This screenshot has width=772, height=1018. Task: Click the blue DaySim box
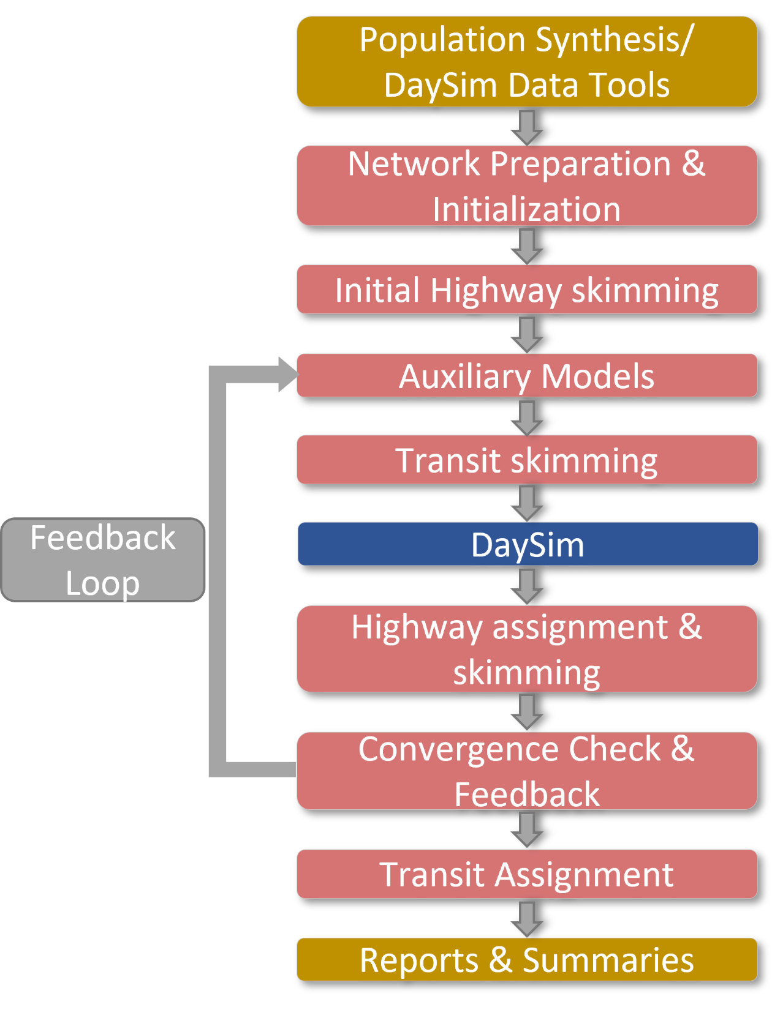[x=527, y=544]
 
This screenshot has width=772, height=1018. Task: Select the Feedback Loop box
[x=103, y=560]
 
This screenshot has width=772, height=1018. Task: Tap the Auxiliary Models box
[x=527, y=375]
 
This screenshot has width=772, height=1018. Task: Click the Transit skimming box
[x=527, y=460]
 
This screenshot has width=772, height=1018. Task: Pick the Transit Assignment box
[x=527, y=874]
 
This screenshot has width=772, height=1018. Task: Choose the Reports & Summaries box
[x=527, y=959]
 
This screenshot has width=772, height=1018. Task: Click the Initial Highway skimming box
[x=527, y=290]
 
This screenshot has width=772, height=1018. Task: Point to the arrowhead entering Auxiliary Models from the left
[x=287, y=374]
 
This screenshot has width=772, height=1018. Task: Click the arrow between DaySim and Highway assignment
[x=527, y=586]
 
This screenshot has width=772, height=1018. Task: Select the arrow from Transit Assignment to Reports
[x=527, y=918]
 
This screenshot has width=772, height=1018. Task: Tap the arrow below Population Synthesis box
[x=527, y=127]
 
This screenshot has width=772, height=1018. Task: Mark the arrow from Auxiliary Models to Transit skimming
[x=527, y=417]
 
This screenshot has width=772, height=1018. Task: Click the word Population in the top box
[x=443, y=40]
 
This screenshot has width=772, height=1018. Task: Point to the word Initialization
[x=527, y=209]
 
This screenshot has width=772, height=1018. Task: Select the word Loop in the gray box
[x=103, y=583]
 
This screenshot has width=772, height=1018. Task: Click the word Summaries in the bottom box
[x=608, y=960]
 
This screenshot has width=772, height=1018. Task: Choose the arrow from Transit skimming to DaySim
[x=527, y=503]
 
